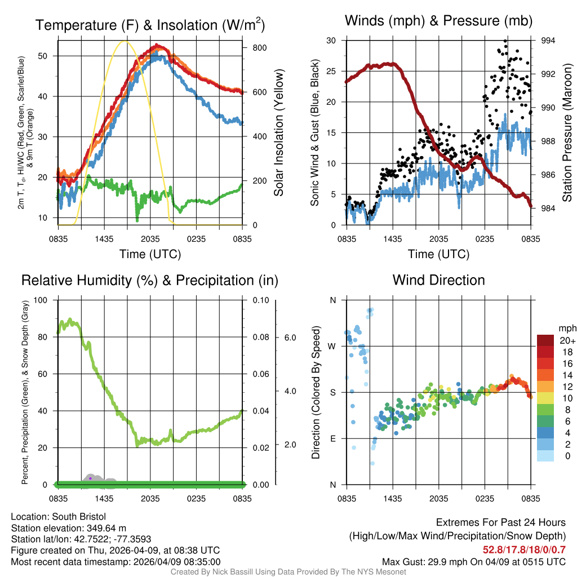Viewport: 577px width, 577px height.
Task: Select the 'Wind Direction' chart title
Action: (x=438, y=280)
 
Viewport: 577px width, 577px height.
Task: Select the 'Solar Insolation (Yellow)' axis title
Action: (x=279, y=132)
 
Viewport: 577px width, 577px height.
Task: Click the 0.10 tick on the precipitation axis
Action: (x=260, y=300)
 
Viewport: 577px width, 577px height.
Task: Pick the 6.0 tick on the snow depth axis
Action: (x=288, y=338)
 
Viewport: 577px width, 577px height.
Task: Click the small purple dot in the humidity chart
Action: (x=90, y=478)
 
